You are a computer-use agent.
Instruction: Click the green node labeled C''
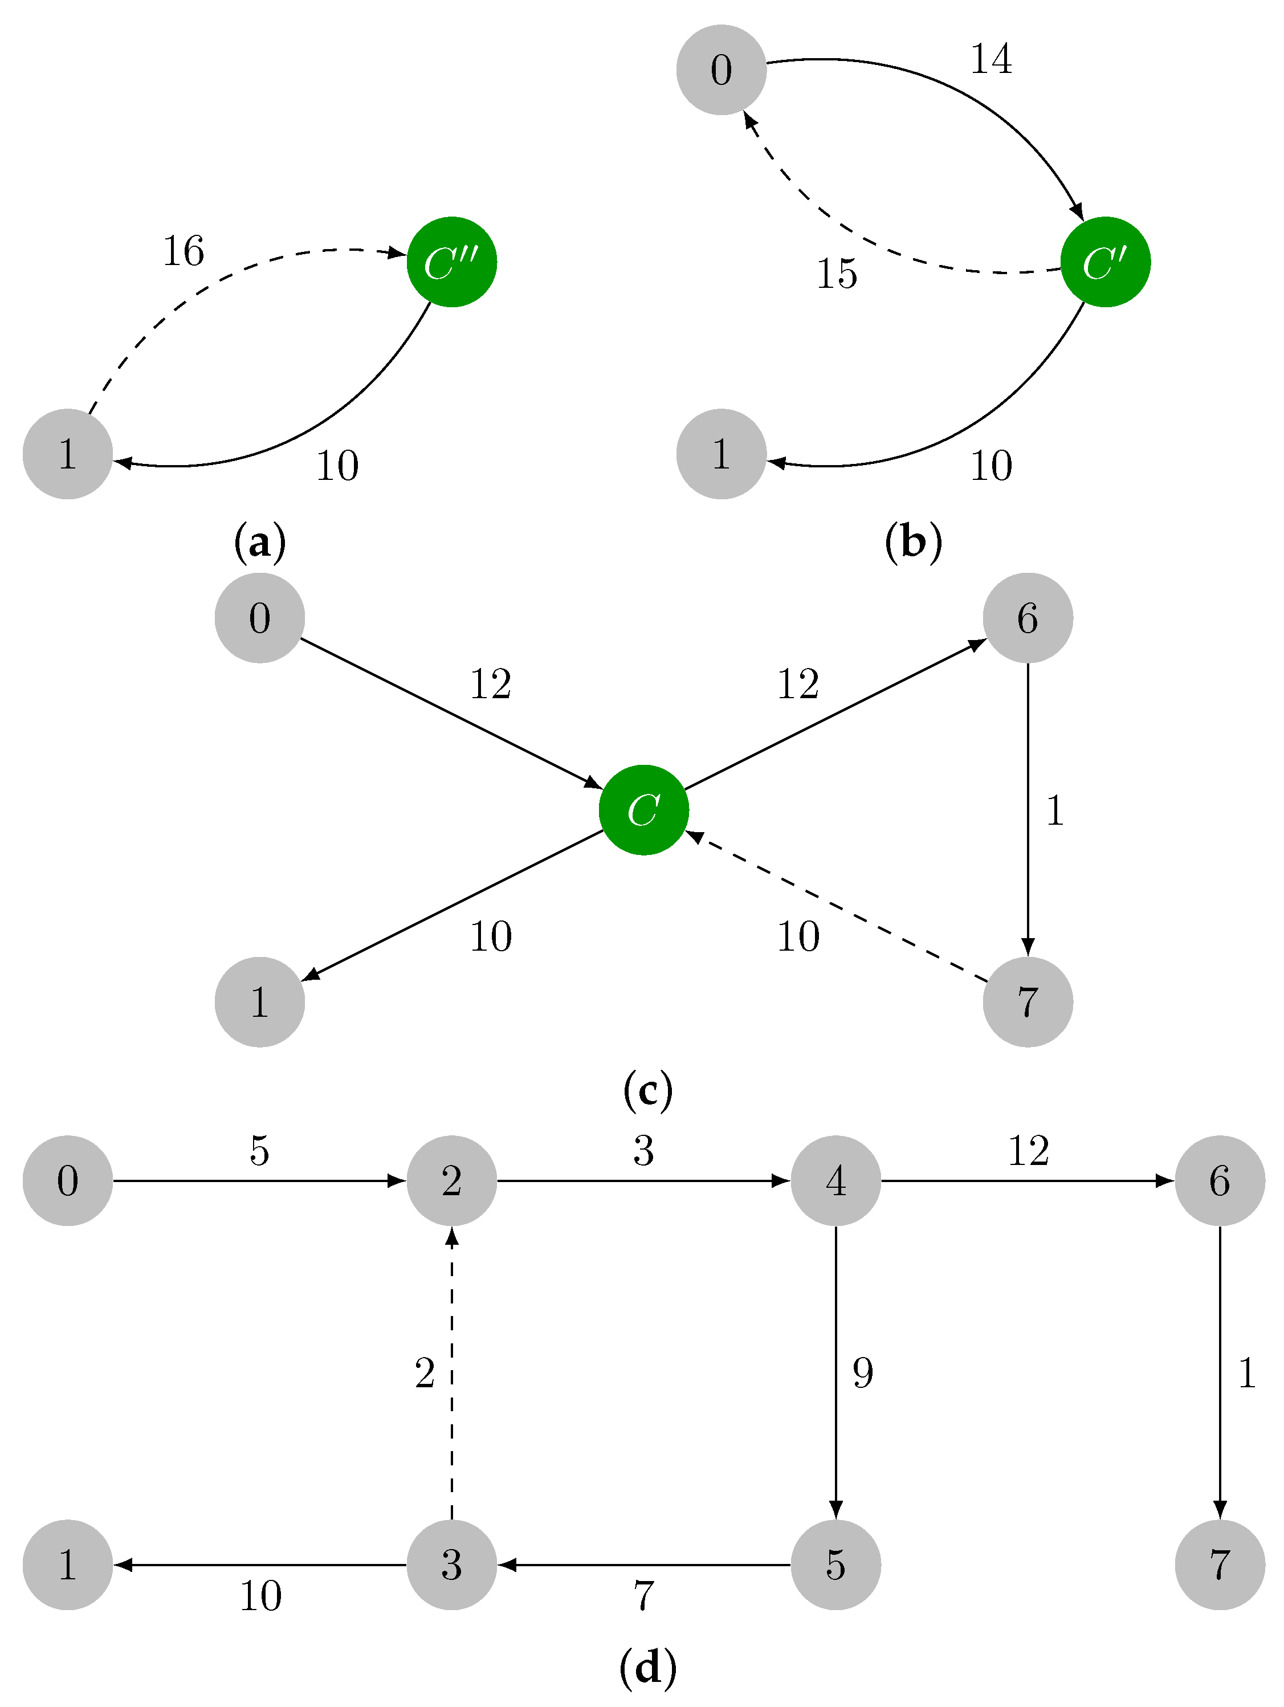click(451, 262)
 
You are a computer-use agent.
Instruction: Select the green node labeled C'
click(1105, 262)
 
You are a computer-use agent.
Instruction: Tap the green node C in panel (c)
click(643, 809)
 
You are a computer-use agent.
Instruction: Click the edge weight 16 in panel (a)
click(184, 251)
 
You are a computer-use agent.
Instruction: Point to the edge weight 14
click(990, 59)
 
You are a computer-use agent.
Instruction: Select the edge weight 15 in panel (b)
click(837, 274)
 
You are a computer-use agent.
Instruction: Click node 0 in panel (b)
click(721, 70)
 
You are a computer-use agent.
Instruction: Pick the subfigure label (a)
click(259, 541)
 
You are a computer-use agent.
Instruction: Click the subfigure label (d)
click(647, 1667)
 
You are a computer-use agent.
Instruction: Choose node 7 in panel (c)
click(1027, 1001)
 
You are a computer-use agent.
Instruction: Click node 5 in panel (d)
click(835, 1565)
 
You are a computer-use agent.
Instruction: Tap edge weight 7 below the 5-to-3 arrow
click(643, 1596)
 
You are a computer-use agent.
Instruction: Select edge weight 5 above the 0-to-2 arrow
click(259, 1151)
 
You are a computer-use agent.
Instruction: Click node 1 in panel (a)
click(68, 454)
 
